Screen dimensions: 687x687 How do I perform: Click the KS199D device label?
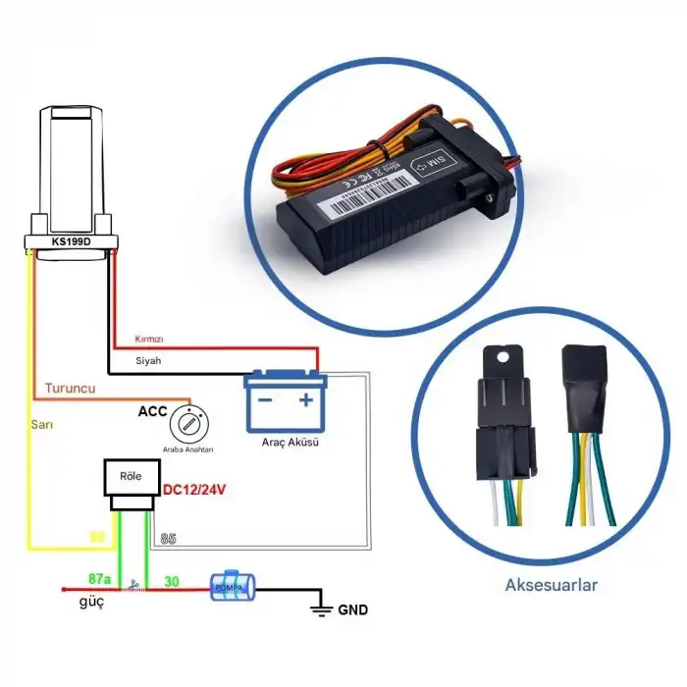(x=72, y=240)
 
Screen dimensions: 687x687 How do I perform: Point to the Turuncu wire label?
(x=69, y=389)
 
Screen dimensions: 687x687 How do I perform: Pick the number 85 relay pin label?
(x=167, y=538)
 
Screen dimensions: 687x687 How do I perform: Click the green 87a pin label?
(x=99, y=579)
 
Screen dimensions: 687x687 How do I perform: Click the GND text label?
(x=352, y=609)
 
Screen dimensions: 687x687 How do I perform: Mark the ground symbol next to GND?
(x=319, y=609)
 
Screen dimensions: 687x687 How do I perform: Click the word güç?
(x=91, y=603)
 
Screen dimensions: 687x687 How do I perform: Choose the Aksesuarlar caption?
(x=551, y=585)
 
